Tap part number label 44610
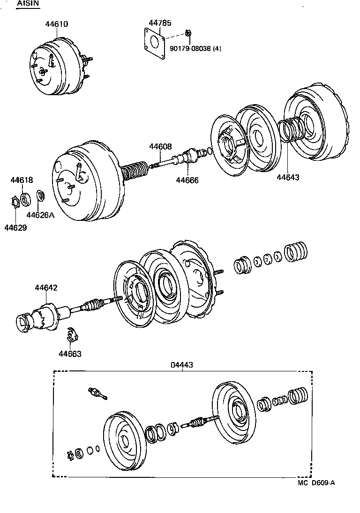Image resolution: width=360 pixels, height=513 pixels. point(57,23)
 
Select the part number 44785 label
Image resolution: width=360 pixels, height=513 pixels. point(160,23)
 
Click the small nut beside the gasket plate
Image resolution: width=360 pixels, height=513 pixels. point(188,33)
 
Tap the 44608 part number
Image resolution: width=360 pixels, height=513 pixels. point(161,147)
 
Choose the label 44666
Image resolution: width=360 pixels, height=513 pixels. point(187,180)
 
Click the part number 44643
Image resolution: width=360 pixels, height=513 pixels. point(288,177)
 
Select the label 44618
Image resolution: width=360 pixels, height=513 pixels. point(22,180)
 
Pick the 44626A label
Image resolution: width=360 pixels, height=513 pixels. point(40,215)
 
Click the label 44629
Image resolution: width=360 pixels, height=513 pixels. point(15,228)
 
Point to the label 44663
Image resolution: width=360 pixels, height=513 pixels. point(70,354)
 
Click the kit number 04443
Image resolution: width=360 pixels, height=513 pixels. point(182,364)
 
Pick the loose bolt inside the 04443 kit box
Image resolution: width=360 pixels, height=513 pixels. point(97,393)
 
